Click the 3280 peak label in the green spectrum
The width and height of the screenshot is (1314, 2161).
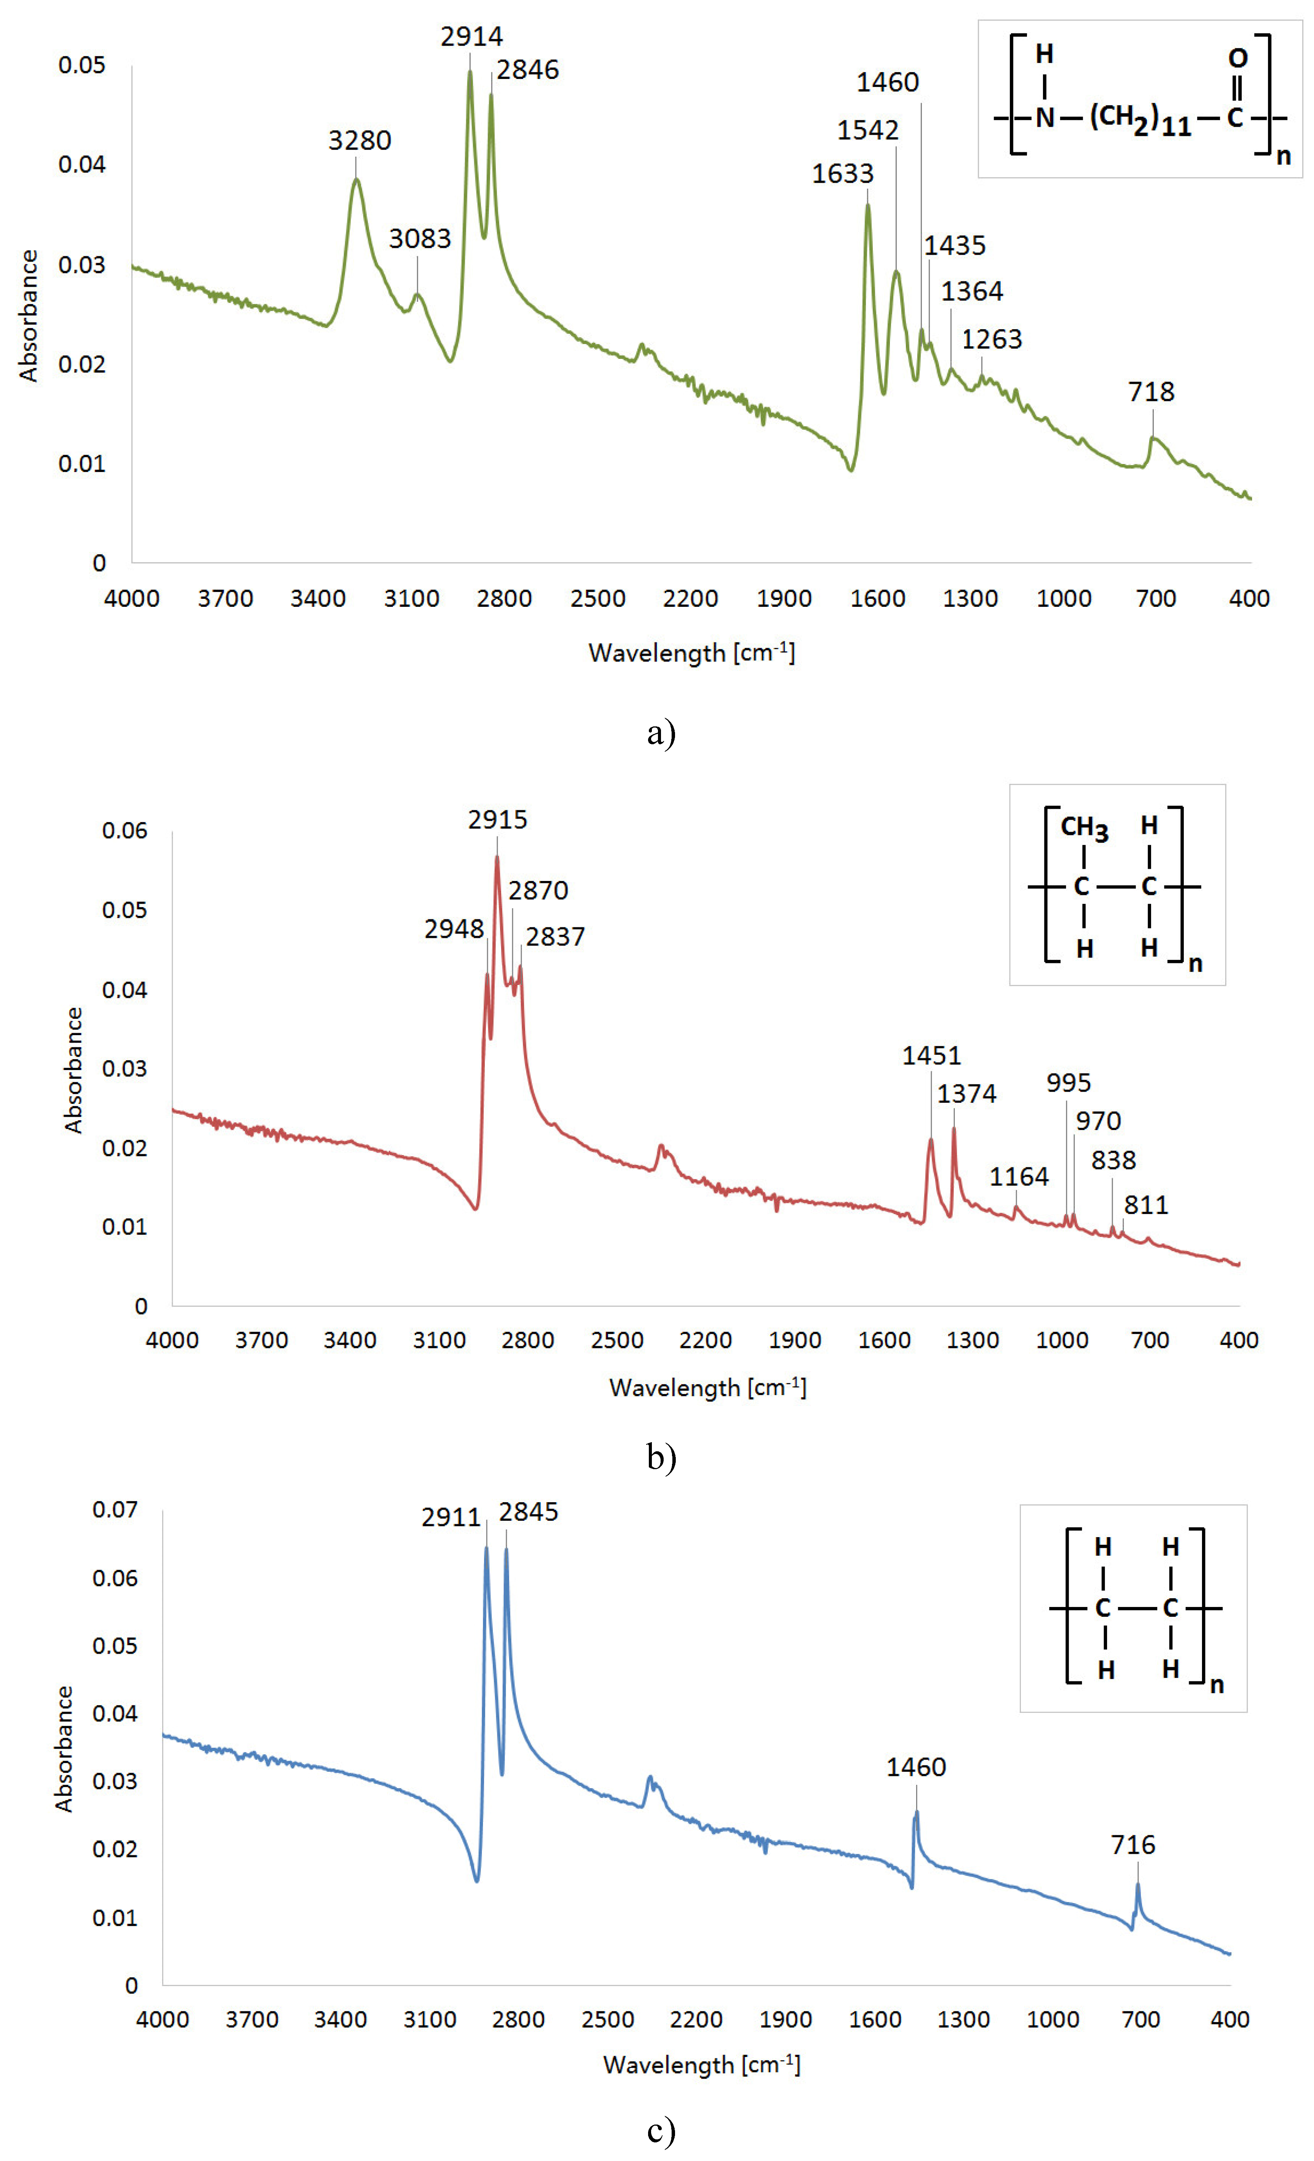[359, 140]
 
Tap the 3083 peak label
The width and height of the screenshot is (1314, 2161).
[419, 238]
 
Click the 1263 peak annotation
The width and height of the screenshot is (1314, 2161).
[991, 339]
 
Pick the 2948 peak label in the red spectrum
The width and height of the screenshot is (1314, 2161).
[453, 929]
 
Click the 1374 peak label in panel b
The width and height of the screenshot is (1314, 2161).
[966, 1094]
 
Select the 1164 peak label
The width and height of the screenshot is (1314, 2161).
[1018, 1176]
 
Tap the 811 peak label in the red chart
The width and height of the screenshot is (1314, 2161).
[1145, 1205]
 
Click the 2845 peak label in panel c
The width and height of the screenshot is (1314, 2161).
[528, 1512]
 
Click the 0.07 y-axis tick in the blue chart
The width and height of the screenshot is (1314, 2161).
[115, 1509]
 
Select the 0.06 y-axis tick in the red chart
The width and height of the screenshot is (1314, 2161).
[125, 830]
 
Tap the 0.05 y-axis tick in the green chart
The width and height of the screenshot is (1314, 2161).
[82, 65]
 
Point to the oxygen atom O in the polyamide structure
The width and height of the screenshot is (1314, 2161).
[1237, 59]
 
